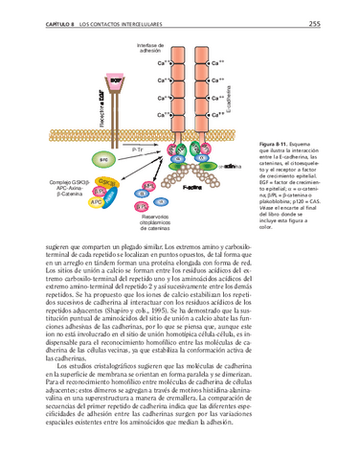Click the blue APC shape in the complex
tap(97, 202)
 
